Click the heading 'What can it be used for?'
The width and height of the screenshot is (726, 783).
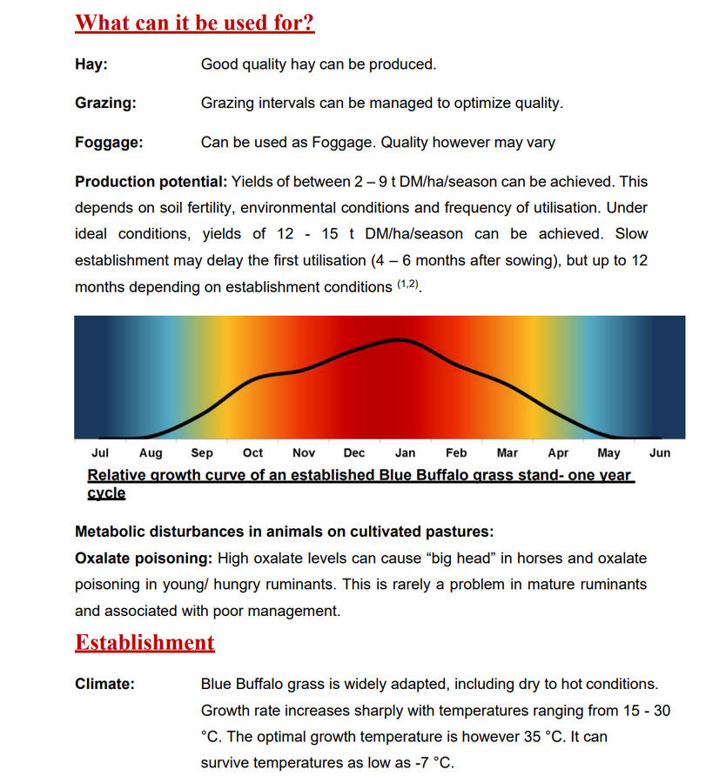pos(194,23)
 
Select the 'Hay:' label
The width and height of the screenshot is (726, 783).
pos(91,64)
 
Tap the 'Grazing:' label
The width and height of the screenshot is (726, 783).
pos(105,104)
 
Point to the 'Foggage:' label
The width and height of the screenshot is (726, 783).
pos(109,143)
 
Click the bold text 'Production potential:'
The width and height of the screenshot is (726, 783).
pos(151,182)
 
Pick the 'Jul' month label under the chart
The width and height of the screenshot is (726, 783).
pos(100,453)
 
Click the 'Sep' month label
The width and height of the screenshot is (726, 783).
pos(202,453)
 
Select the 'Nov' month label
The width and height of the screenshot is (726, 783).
pos(304,453)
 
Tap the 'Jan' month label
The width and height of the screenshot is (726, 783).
pos(406,453)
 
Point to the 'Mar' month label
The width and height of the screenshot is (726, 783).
pos(507,453)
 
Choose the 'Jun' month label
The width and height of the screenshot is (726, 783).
pos(660,453)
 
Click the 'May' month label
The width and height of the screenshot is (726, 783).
pos(608,453)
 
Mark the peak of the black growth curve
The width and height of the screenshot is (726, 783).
pos(399,339)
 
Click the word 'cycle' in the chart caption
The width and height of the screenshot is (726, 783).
pos(106,493)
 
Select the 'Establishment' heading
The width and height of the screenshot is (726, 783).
pos(145,643)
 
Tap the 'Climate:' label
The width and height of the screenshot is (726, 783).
pos(104,685)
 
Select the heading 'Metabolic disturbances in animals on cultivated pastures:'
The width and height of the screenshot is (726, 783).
pos(284,532)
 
